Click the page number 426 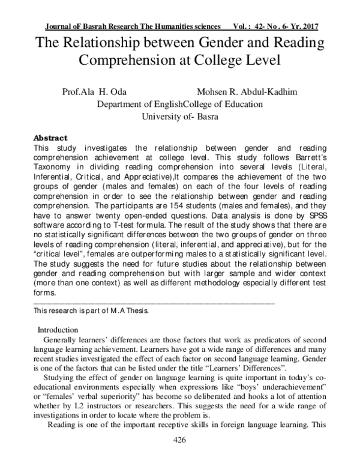point(179,441)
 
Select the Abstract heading point(50,138)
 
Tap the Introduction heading point(58,330)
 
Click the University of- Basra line point(179,116)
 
